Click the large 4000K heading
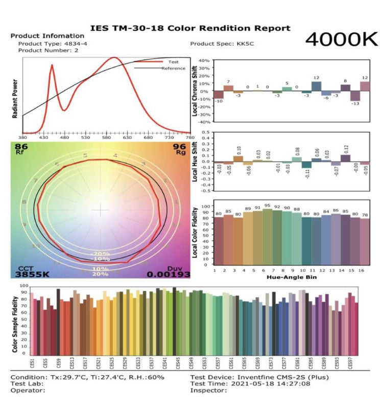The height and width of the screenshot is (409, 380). (342, 39)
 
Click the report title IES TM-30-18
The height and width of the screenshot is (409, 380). (190, 28)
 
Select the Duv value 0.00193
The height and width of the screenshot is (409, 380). (169, 274)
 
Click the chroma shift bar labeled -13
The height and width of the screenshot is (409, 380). (355, 96)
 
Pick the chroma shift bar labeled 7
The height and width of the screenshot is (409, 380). (228, 88)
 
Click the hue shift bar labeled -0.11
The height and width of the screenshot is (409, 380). (306, 165)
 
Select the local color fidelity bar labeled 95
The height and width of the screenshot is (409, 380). (267, 236)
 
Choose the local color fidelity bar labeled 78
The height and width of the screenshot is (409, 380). (365, 241)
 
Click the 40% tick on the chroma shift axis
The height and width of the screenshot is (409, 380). (204, 60)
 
